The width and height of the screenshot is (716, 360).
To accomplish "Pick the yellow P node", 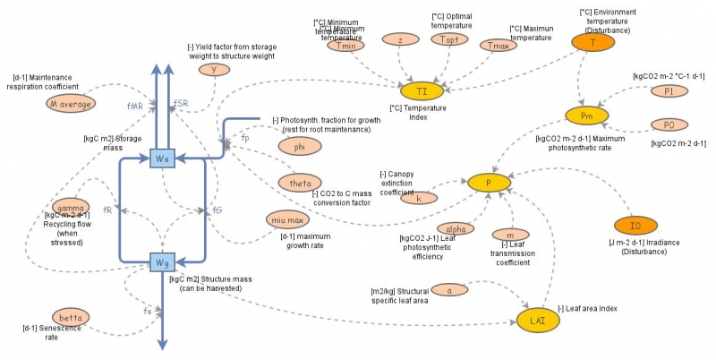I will tap(489, 183).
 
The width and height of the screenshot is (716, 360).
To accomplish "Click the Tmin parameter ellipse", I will tap(345, 47).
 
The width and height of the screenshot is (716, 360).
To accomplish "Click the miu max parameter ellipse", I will tap(288, 219).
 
